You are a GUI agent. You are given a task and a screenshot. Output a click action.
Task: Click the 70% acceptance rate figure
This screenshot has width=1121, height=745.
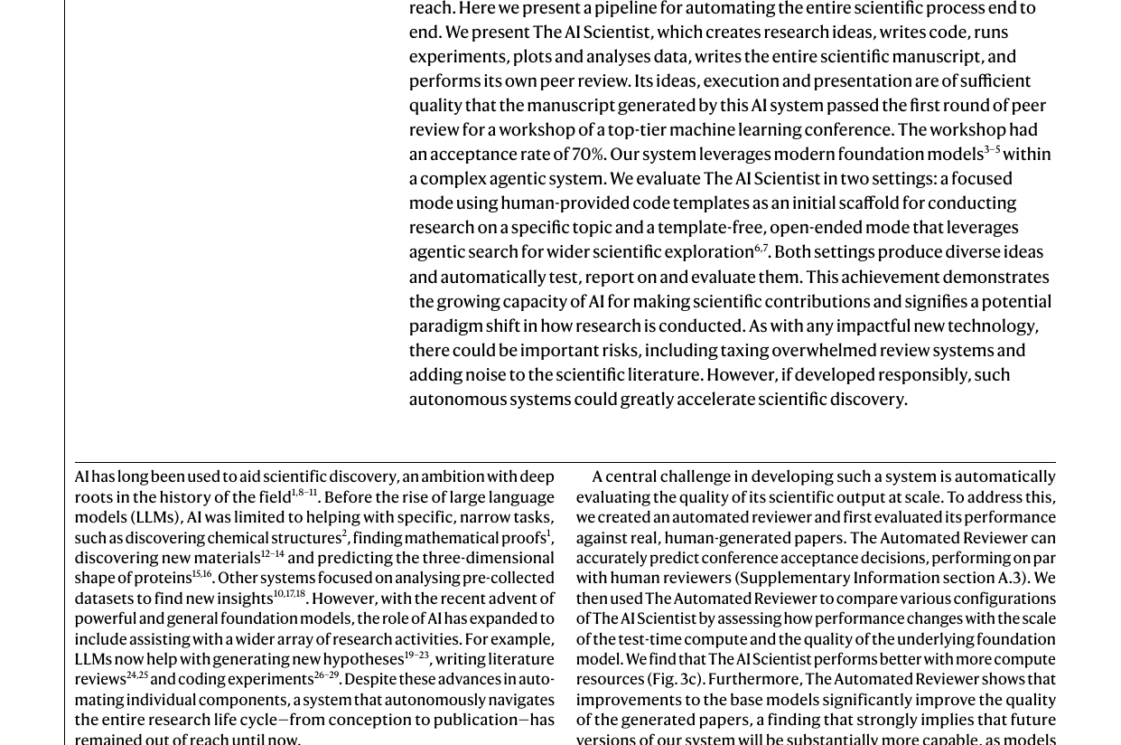pyautogui.click(x=588, y=155)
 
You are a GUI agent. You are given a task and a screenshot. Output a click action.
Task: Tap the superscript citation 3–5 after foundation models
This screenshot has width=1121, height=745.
pyautogui.click(x=992, y=149)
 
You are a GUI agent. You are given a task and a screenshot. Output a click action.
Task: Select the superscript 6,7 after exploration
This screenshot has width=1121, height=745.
pyautogui.click(x=761, y=248)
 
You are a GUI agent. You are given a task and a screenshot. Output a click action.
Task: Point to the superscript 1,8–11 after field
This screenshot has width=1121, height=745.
pyautogui.click(x=304, y=493)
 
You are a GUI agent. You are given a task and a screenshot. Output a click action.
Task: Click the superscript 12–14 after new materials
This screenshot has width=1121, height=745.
pyautogui.click(x=272, y=553)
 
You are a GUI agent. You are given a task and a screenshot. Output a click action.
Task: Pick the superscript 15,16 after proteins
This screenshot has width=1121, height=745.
pyautogui.click(x=201, y=573)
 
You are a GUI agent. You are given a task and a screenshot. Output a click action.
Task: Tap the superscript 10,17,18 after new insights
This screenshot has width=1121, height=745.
pyautogui.click(x=289, y=594)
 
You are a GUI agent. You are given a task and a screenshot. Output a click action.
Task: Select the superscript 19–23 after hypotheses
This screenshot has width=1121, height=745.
pyautogui.click(x=416, y=655)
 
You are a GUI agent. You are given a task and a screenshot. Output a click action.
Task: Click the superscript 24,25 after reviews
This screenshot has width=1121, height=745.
pyautogui.click(x=137, y=674)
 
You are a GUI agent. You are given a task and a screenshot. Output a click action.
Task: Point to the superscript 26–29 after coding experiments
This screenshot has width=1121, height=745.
pyautogui.click(x=326, y=674)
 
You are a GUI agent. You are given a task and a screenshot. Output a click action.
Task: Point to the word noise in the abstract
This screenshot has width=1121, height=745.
pyautogui.click(x=486, y=375)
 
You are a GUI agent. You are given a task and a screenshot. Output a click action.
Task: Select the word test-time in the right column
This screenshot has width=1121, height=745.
pyautogui.click(x=649, y=639)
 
